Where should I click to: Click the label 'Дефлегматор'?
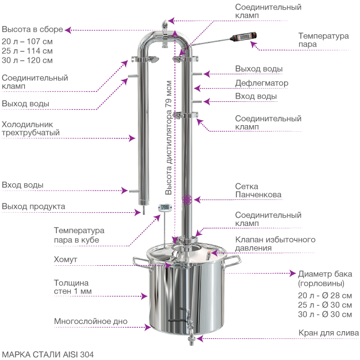coord(261,83)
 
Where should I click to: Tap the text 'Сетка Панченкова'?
coord(258,191)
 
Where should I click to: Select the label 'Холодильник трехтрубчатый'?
coord(31,128)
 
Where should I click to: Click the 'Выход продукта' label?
coord(34,206)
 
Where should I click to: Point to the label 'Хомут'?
coord(65,259)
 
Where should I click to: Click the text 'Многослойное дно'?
coord(91,321)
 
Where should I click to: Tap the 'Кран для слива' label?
coord(328,333)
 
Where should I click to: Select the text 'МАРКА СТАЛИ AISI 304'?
coord(48,354)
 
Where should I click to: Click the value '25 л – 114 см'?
coord(27,51)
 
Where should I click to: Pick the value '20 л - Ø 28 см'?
coord(325,295)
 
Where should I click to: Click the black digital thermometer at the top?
coord(243,37)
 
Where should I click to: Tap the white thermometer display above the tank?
coord(165,207)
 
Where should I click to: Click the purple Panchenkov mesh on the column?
coord(187,200)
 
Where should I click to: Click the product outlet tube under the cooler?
coord(144,209)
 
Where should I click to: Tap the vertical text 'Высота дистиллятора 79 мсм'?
coord(168,137)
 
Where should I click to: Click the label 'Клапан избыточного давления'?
coord(275,244)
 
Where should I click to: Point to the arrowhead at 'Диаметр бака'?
coord(292,273)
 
